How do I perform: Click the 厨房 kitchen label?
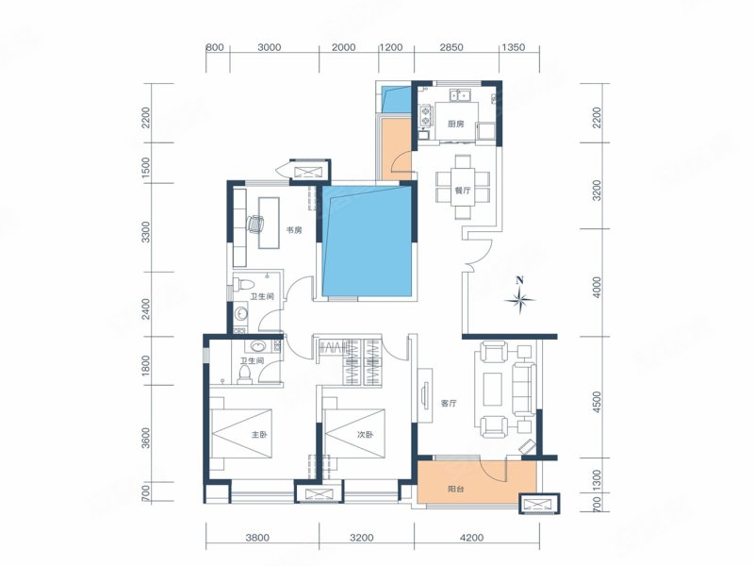(455, 125)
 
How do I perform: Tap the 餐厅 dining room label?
(462, 191)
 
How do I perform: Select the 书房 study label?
(294, 230)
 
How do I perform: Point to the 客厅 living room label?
(449, 404)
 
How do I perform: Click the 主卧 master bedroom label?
(258, 435)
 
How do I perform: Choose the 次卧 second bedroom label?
(365, 435)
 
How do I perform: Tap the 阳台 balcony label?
(456, 490)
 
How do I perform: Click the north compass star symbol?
(519, 300)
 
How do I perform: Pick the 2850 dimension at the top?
(451, 47)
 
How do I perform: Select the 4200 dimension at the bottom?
(472, 538)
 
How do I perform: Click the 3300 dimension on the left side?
(146, 232)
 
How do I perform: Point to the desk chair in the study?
(254, 224)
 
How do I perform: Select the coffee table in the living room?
(492, 389)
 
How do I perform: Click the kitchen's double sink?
(460, 95)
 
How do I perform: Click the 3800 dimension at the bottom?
(257, 538)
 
